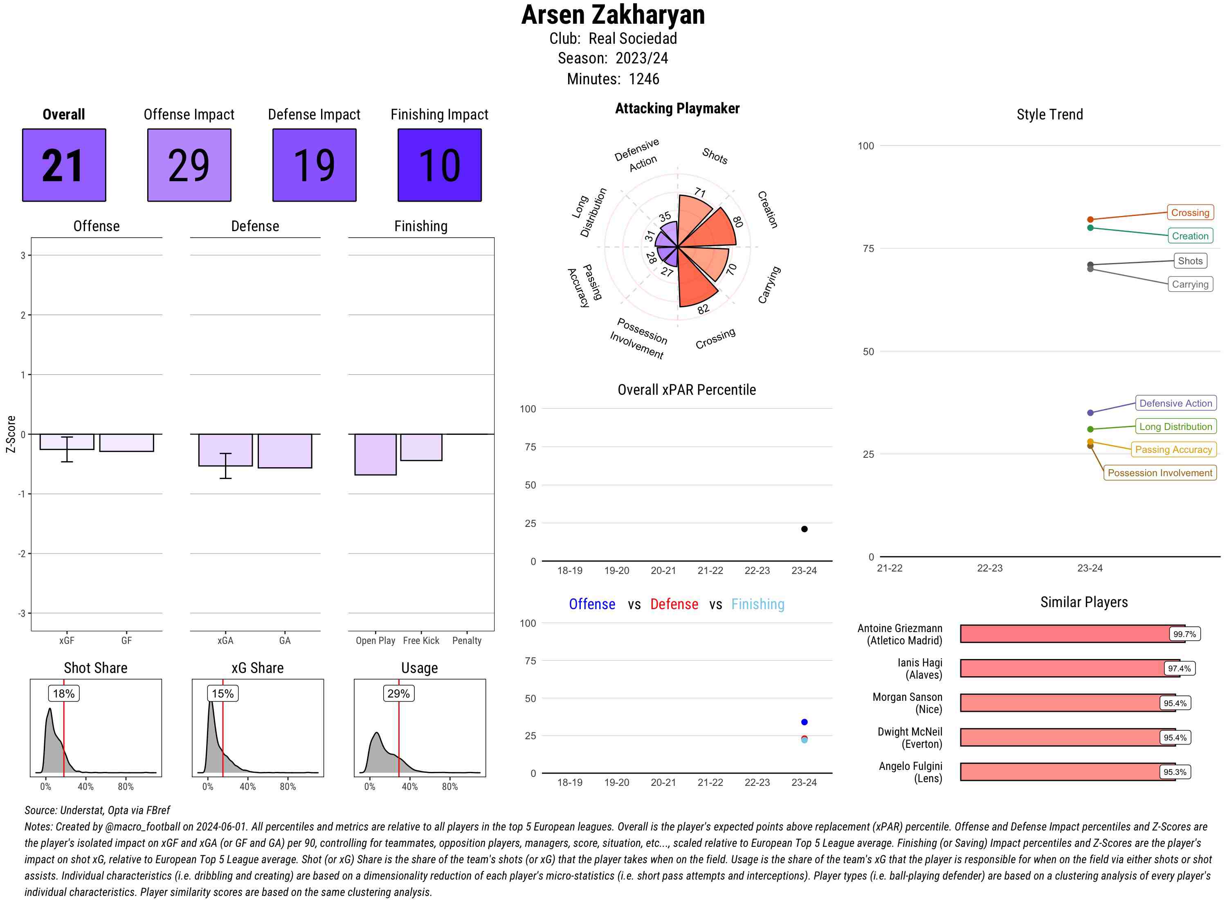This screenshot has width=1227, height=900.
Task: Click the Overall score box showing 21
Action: point(64,165)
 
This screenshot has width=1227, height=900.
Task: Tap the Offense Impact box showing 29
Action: point(189,165)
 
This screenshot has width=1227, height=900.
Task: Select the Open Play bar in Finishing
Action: point(375,454)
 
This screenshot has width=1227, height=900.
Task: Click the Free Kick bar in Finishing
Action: point(421,447)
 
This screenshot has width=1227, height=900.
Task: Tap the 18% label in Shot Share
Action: point(64,693)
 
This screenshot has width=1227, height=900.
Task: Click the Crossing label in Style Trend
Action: point(1189,212)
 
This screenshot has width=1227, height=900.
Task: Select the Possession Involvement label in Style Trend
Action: point(1160,473)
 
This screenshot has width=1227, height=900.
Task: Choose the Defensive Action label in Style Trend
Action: point(1175,403)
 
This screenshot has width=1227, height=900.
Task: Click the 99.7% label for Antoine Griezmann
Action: point(1184,634)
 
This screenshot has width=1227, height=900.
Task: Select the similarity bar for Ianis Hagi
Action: point(1067,668)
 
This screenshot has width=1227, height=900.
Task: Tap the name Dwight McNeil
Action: point(910,731)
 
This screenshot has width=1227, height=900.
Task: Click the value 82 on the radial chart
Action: point(703,309)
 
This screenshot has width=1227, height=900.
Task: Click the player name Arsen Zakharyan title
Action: point(613,15)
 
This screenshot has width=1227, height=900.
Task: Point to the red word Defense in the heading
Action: point(674,604)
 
